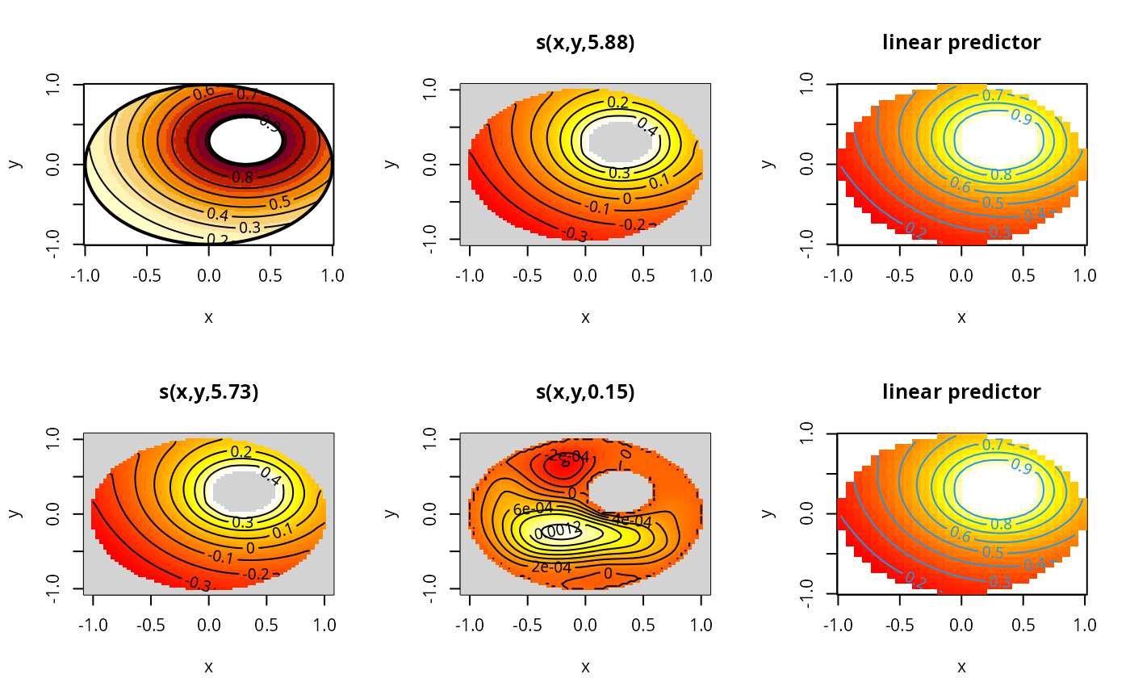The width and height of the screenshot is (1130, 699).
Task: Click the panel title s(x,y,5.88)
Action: pyautogui.click(x=585, y=44)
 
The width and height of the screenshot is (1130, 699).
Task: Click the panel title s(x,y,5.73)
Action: pyautogui.click(x=208, y=393)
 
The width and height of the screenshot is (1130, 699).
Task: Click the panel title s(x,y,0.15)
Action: pyautogui.click(x=585, y=393)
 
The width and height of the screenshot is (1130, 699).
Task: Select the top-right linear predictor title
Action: pyautogui.click(x=961, y=43)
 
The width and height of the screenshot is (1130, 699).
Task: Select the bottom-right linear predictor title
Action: pyautogui.click(x=961, y=392)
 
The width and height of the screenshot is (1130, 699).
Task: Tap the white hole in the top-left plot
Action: pyautogui.click(x=245, y=140)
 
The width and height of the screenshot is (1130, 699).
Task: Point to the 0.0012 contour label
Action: pyautogui.click(x=558, y=531)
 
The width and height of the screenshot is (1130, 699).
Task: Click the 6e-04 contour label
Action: pyautogui.click(x=533, y=509)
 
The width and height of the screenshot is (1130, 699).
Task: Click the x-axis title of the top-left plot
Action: pyautogui.click(x=208, y=317)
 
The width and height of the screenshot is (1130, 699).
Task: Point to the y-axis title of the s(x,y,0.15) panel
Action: pyautogui.click(x=391, y=513)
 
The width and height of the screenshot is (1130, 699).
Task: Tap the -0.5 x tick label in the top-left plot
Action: pyautogui.click(x=146, y=275)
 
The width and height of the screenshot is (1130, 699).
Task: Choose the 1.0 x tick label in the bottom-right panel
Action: pyautogui.click(x=1086, y=625)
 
